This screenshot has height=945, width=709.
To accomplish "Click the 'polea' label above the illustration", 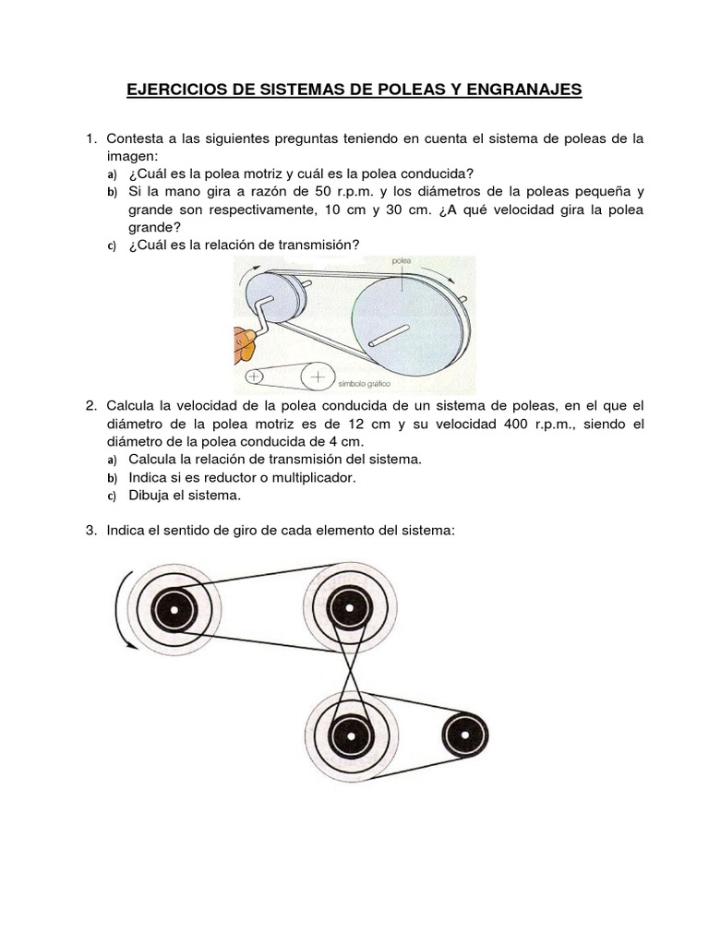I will click(402, 262).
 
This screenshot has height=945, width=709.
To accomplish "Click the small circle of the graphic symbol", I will click(255, 377).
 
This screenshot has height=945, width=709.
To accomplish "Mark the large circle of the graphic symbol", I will click(317, 377).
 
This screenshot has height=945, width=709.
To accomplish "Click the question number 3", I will click(90, 532).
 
